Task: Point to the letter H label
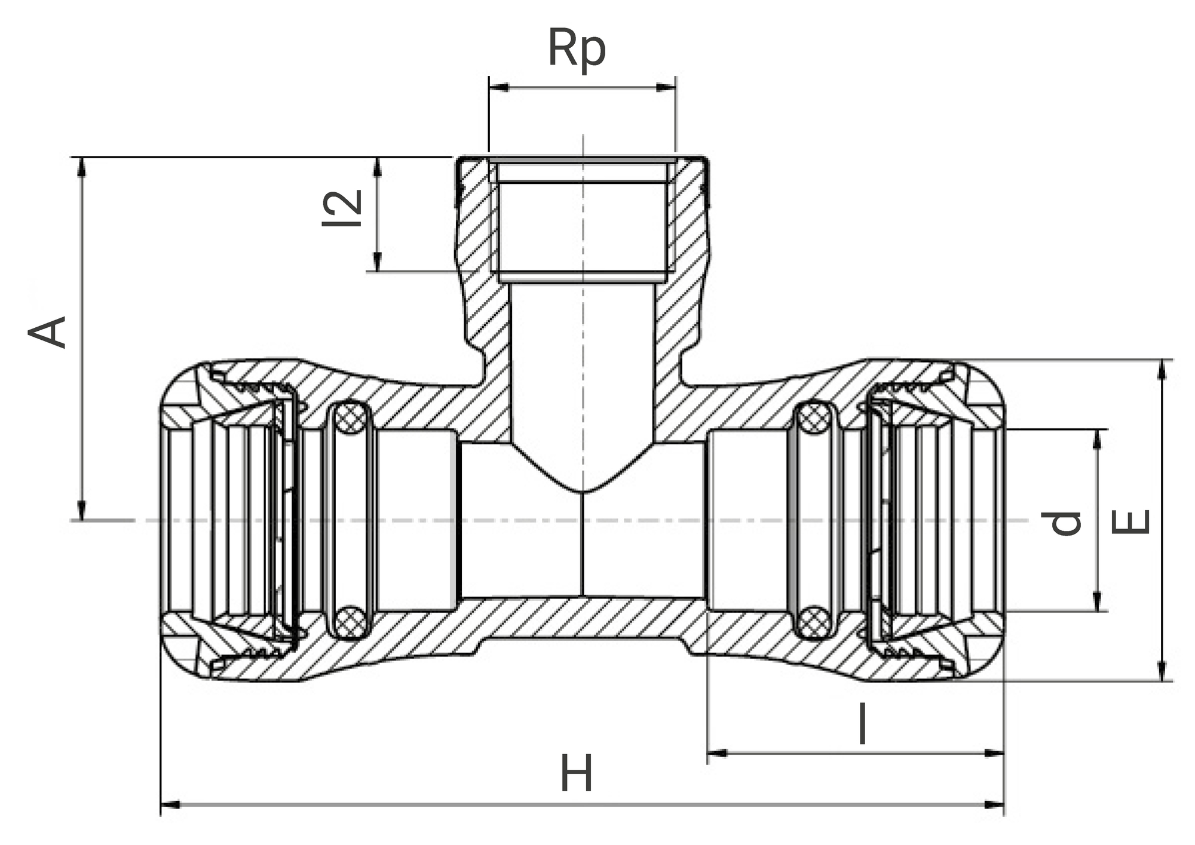pos(576,774)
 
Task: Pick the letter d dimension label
pos(1066,523)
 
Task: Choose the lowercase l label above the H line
pos(862,724)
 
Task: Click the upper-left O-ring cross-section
pos(349,417)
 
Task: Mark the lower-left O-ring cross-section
pos(349,622)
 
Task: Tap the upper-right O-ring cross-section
pos(815,417)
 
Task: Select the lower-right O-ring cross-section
pos(815,622)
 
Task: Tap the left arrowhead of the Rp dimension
pos(499,88)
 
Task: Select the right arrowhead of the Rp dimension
pos(666,88)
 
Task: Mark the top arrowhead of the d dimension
pos(1096,439)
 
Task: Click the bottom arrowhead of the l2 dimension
pos(378,262)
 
